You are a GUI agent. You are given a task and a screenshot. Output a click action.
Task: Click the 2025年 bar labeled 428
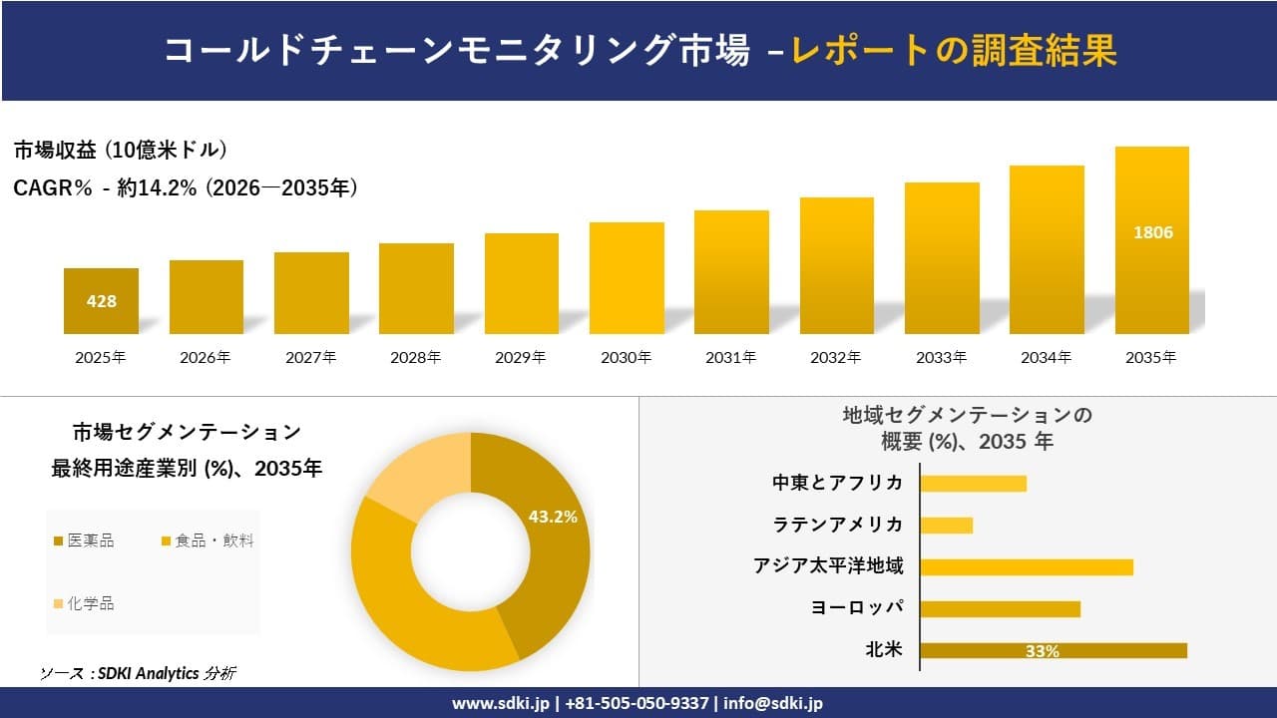click(101, 300)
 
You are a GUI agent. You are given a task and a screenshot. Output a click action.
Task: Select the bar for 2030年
click(627, 278)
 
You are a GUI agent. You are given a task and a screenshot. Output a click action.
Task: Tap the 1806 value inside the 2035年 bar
click(1152, 232)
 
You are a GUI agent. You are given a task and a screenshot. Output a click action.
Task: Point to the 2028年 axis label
click(416, 357)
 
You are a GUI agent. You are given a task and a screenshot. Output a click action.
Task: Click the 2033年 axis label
click(941, 357)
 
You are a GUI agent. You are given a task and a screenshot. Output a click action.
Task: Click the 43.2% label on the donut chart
click(553, 517)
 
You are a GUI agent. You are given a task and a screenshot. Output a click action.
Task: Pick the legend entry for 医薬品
click(84, 540)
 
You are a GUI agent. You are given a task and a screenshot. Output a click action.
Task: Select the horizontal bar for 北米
click(1053, 650)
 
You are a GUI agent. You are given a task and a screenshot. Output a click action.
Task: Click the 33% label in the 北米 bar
click(1042, 651)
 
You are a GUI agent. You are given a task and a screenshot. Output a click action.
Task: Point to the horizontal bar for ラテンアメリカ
click(946, 525)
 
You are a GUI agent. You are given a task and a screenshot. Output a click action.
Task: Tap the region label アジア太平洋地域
click(828, 566)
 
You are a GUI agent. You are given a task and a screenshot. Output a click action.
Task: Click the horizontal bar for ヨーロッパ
click(1000, 608)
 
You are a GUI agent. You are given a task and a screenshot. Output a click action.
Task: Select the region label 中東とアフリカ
click(837, 483)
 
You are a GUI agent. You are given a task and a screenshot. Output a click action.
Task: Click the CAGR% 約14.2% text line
click(186, 187)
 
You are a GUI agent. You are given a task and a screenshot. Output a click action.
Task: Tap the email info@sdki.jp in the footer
click(773, 703)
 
